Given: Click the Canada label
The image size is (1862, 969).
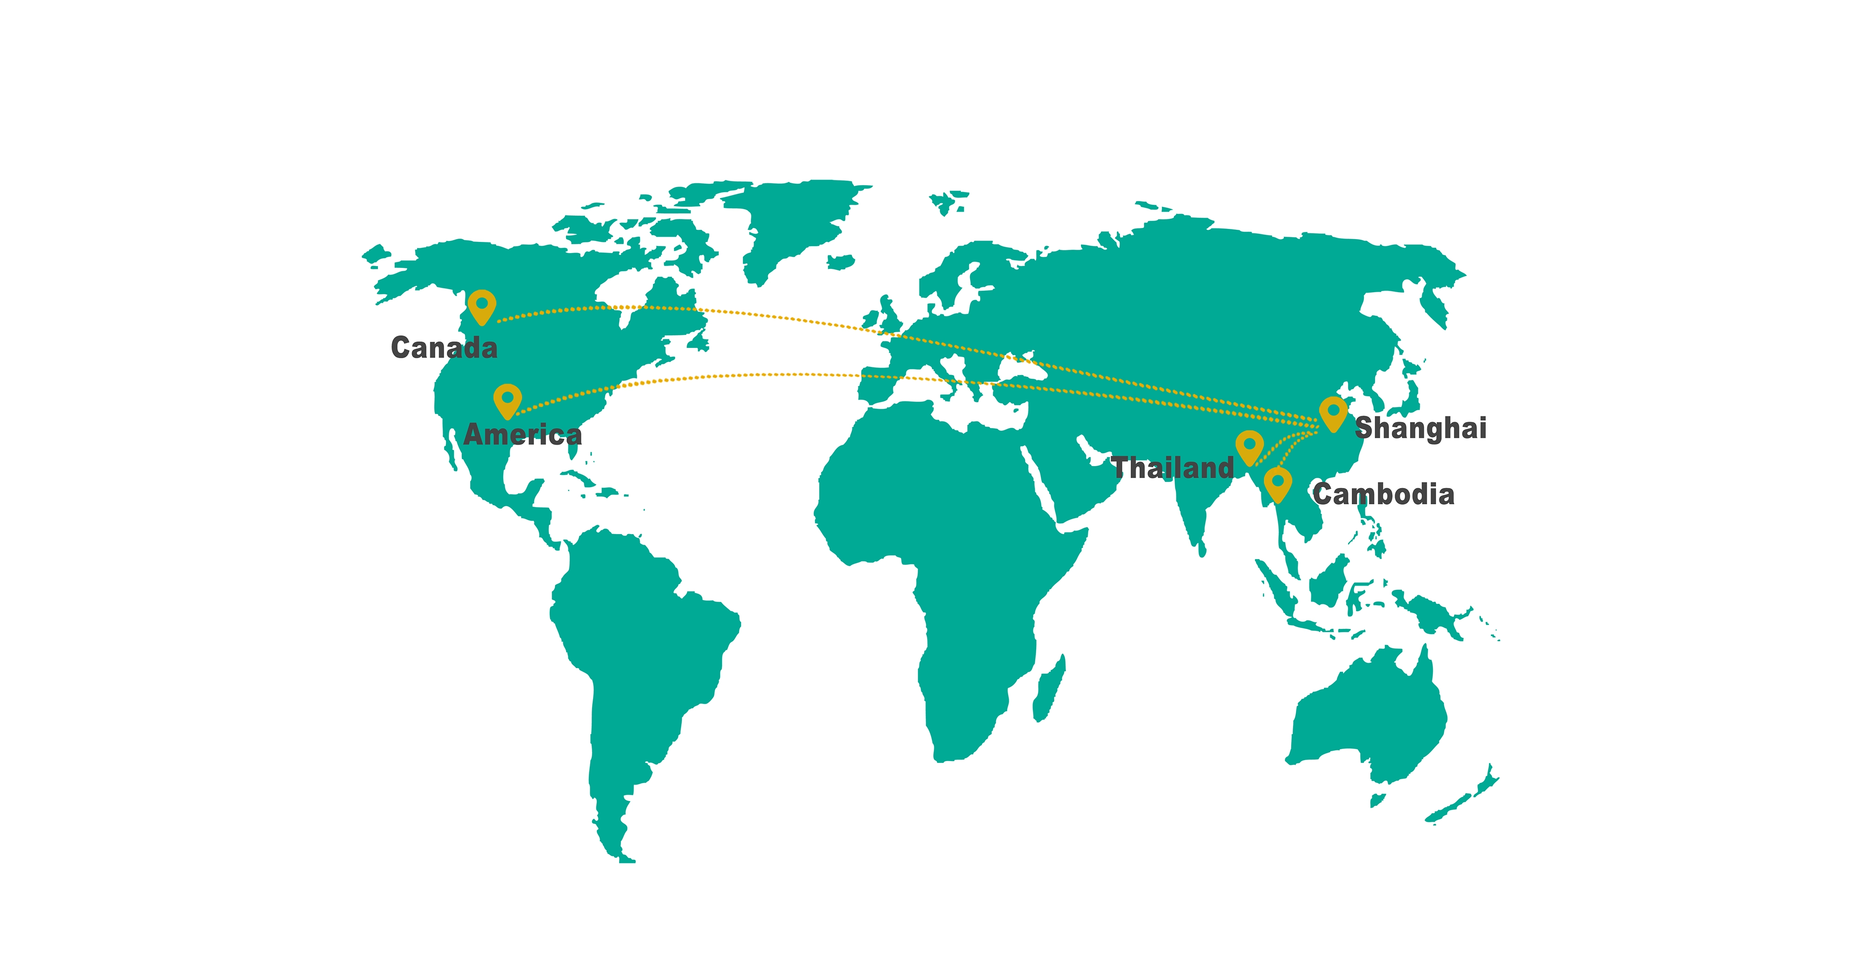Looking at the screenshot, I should [x=444, y=348].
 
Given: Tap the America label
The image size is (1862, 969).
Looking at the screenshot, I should [x=523, y=434].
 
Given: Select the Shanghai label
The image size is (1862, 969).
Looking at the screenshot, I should [x=1420, y=428].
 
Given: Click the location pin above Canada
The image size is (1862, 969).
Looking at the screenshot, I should [x=481, y=306].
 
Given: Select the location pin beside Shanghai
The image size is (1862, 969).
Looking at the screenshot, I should [x=1333, y=413].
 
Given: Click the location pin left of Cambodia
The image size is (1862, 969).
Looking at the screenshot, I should [x=1277, y=483].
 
